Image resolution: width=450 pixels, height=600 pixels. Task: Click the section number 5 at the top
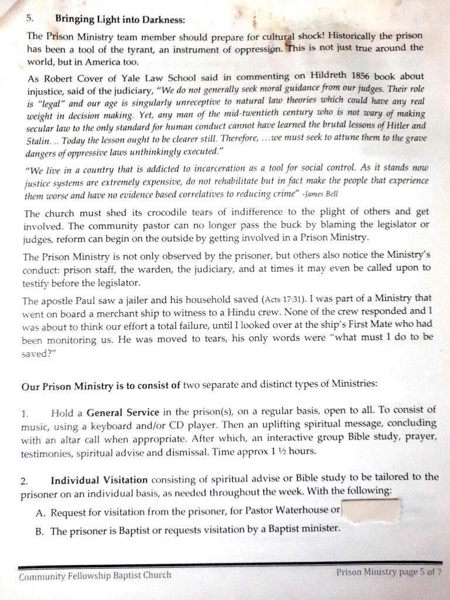tap(30, 18)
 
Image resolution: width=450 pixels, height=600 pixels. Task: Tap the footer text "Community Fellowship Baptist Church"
tap(95, 575)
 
